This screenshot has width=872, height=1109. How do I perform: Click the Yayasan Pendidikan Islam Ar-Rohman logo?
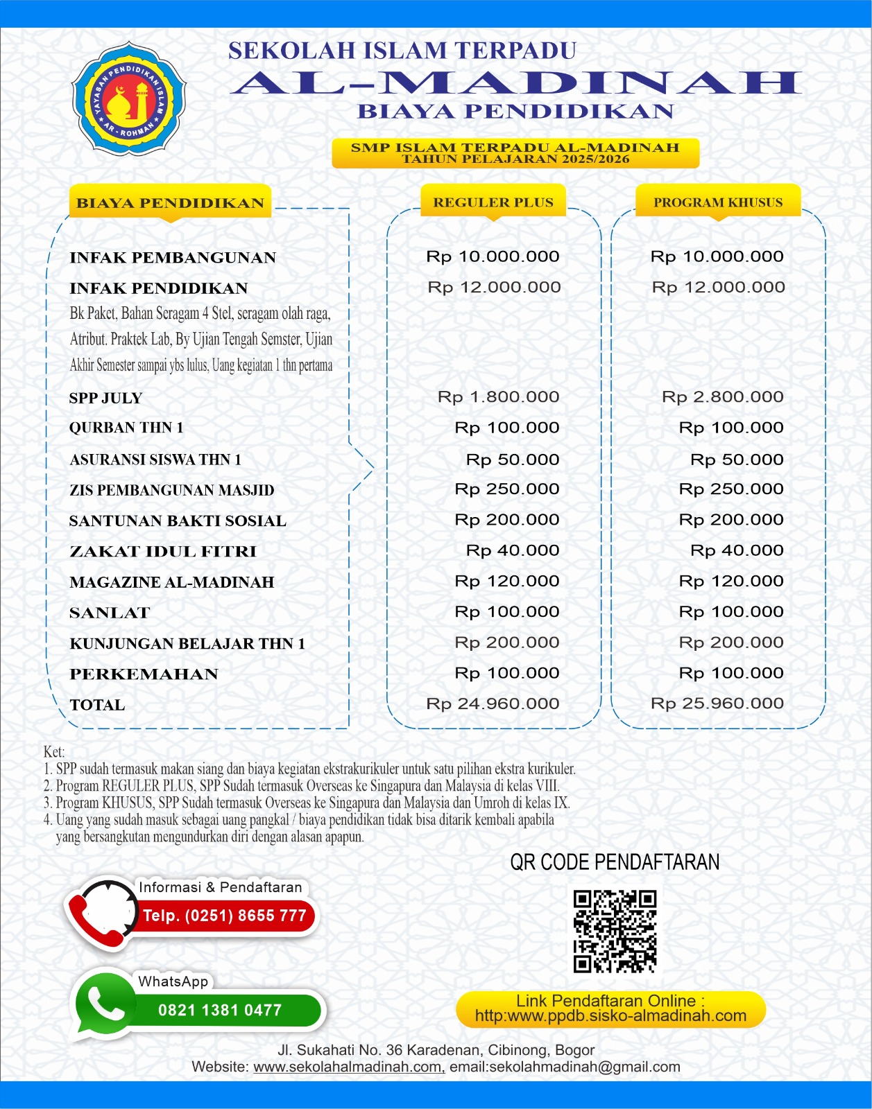129,98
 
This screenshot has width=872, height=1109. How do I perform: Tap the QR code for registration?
615,931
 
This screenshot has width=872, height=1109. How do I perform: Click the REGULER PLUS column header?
493,202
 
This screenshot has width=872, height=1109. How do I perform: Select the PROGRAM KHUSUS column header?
718,202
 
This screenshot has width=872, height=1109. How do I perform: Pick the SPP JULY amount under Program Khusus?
722,397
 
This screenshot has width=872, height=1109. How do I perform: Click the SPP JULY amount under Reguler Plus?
498,397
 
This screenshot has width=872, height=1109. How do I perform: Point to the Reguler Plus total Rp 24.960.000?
493,704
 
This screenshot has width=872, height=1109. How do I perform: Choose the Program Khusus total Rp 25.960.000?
717,704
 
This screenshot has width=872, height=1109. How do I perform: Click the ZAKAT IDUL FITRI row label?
163,552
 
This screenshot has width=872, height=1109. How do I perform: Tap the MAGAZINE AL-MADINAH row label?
172,582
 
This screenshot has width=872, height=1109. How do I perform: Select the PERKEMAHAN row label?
144,674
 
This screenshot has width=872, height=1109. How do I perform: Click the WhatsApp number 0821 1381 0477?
220,1011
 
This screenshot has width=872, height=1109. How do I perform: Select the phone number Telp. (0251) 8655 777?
225,916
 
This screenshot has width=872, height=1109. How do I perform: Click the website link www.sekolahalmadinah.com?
349,1067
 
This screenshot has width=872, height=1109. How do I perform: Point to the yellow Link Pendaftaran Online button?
610,1008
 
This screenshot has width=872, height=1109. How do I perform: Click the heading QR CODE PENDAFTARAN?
615,862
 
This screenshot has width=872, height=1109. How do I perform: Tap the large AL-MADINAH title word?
516,82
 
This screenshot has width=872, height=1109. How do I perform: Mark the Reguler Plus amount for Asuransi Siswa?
512,460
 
